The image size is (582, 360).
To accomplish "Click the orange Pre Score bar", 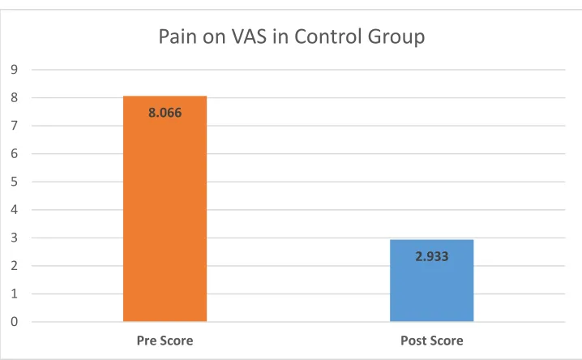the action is (165, 208).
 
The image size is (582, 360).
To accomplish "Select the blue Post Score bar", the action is (432, 281).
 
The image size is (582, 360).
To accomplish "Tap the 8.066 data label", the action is (165, 113).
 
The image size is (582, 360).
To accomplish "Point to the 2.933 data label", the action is (432, 256).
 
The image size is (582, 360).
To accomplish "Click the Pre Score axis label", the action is (165, 341).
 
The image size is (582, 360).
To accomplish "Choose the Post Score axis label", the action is (432, 341).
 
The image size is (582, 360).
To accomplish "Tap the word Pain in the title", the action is (178, 36).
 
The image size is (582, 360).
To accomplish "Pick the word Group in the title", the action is (396, 37).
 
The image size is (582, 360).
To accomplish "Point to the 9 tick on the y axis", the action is (14, 70).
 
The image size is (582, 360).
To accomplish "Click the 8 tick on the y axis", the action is (14, 97).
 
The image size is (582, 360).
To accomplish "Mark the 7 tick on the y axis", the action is (14, 126).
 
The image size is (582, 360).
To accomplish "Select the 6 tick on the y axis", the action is (14, 154).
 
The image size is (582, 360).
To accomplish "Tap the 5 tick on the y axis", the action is (14, 182).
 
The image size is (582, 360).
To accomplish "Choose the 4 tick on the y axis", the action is (14, 210).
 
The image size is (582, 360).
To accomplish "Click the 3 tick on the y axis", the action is (14, 238).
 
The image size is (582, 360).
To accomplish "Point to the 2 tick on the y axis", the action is (14, 266).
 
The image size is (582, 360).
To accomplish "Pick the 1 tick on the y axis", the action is (14, 294).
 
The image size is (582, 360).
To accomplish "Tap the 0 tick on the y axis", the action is (14, 322).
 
